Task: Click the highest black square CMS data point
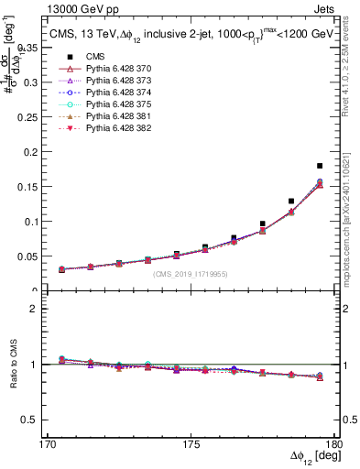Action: pyautogui.click(x=320, y=166)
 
